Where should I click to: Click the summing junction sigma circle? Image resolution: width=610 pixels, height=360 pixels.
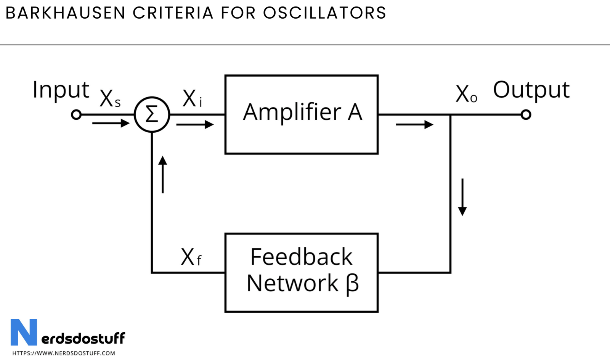(152, 114)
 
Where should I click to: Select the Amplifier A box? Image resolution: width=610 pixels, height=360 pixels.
(301, 114)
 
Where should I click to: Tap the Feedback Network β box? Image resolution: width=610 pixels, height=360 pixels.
(301, 273)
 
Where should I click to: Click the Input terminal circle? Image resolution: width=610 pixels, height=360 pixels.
(76, 114)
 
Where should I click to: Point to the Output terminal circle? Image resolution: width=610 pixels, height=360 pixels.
(526, 114)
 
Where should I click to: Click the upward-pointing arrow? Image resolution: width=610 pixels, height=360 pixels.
(163, 174)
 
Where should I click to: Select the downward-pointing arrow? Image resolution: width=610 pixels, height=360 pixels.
(462, 197)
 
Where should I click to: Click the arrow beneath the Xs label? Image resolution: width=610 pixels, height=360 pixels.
(111, 123)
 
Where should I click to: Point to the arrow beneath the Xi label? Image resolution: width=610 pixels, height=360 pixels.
(195, 124)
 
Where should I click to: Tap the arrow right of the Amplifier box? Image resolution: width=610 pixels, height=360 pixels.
(414, 124)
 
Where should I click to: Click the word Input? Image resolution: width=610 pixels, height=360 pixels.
(61, 90)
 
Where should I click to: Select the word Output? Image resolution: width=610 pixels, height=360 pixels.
(531, 90)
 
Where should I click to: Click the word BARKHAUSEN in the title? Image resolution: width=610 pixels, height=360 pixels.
(65, 13)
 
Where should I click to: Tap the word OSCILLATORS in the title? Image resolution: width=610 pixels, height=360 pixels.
(324, 13)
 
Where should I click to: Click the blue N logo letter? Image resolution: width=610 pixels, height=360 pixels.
(24, 332)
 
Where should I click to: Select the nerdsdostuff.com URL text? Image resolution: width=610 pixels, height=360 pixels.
(64, 353)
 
